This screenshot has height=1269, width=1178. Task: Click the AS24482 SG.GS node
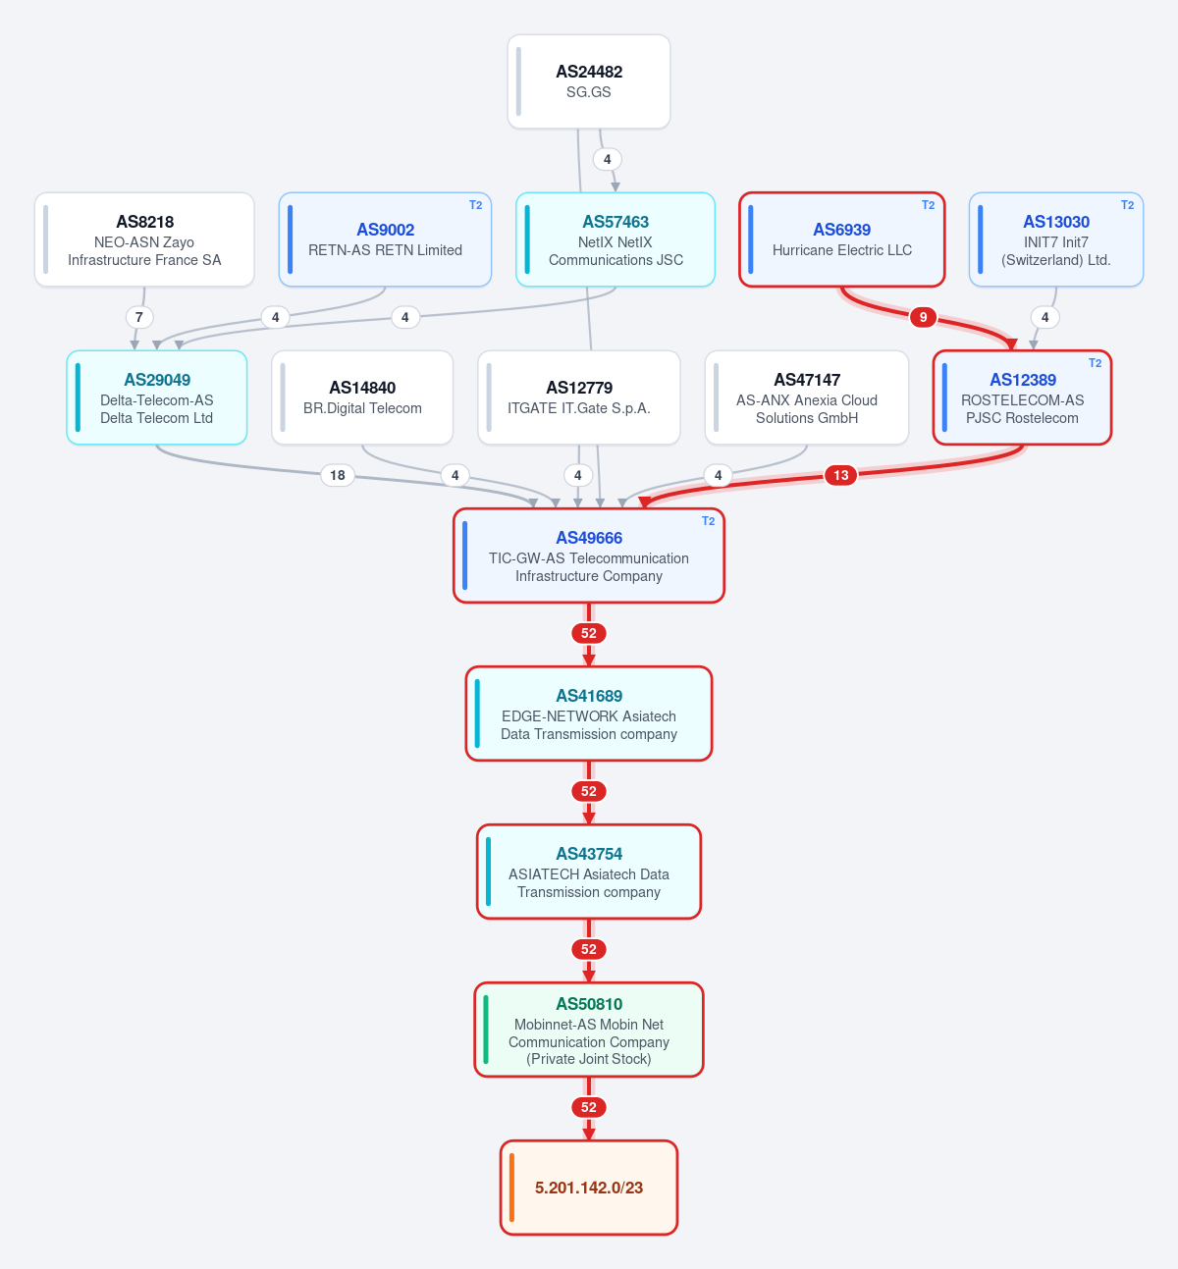pyautogui.click(x=589, y=81)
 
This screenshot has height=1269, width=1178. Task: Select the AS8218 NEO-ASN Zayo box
pyautogui.click(x=144, y=239)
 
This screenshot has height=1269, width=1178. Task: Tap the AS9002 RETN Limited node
pyautogui.click(x=385, y=239)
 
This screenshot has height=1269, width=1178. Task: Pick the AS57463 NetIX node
pyautogui.click(x=615, y=239)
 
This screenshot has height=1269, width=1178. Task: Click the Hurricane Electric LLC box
pyautogui.click(x=842, y=239)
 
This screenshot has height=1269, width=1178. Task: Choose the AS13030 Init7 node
pyautogui.click(x=1056, y=239)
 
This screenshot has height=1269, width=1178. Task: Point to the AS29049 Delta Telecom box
pyautogui.click(x=157, y=397)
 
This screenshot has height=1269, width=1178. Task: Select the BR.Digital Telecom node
pyautogui.click(x=362, y=397)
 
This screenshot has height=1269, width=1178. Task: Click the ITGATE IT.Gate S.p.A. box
pyautogui.click(x=579, y=397)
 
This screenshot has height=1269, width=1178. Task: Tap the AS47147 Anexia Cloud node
pyautogui.click(x=807, y=397)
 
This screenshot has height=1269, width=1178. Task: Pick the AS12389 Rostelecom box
pyautogui.click(x=1022, y=397)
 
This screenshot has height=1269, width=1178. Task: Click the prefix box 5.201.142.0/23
pyautogui.click(x=589, y=1188)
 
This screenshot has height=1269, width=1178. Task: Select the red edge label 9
pyautogui.click(x=923, y=317)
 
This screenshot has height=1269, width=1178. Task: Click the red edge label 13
pyautogui.click(x=840, y=475)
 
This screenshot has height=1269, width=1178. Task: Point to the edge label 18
pyautogui.click(x=338, y=475)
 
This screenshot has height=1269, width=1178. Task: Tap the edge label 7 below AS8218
pyautogui.click(x=139, y=317)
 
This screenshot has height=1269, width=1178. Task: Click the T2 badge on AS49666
pyautogui.click(x=708, y=521)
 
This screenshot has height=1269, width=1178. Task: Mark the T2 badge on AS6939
pyautogui.click(x=928, y=204)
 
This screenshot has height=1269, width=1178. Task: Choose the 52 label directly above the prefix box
pyautogui.click(x=589, y=1107)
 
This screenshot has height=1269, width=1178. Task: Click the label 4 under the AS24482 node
pyautogui.click(x=608, y=159)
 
